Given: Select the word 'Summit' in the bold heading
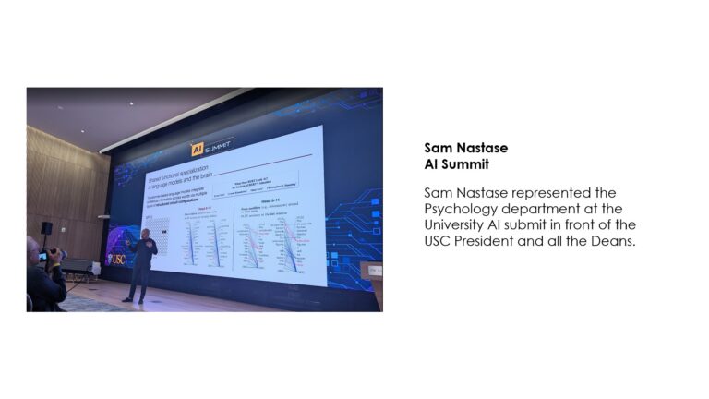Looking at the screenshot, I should pos(465,164).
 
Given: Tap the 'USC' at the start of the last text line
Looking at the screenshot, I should pos(439,240).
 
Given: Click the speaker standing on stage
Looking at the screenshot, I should pos(142,263).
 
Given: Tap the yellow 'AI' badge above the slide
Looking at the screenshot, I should pos(197,150).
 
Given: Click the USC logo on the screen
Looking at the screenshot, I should pos(116,259).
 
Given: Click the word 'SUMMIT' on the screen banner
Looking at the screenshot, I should pos(219,147).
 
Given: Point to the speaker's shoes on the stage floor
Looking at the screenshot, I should pos(135,299).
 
